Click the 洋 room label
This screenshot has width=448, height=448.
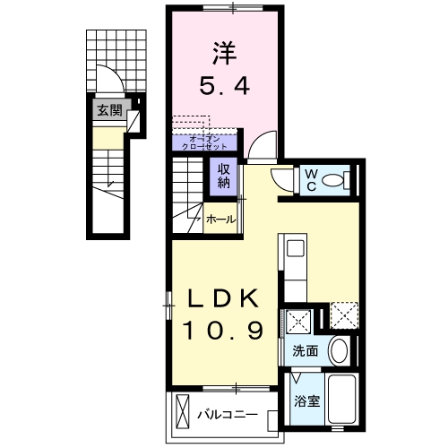pos(224,54)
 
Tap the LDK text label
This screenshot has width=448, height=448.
pos(224,299)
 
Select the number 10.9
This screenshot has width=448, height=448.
pos(224,332)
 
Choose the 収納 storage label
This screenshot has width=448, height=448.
pos(223,177)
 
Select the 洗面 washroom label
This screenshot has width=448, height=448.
pos(305,351)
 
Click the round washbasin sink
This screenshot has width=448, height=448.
pos(338,350)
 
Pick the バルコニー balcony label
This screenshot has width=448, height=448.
pos(228,415)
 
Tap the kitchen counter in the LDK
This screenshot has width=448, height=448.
pos(296,264)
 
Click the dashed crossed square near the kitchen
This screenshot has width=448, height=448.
pos(344,316)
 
